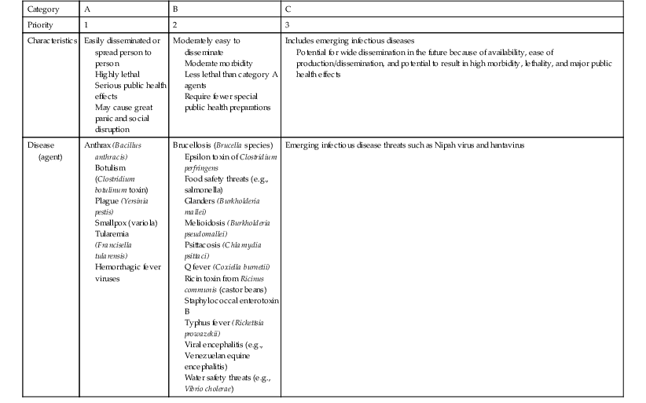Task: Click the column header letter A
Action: click(87, 9)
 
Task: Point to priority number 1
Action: click(86, 24)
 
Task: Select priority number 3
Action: click(288, 24)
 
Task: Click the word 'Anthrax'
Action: click(99, 145)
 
